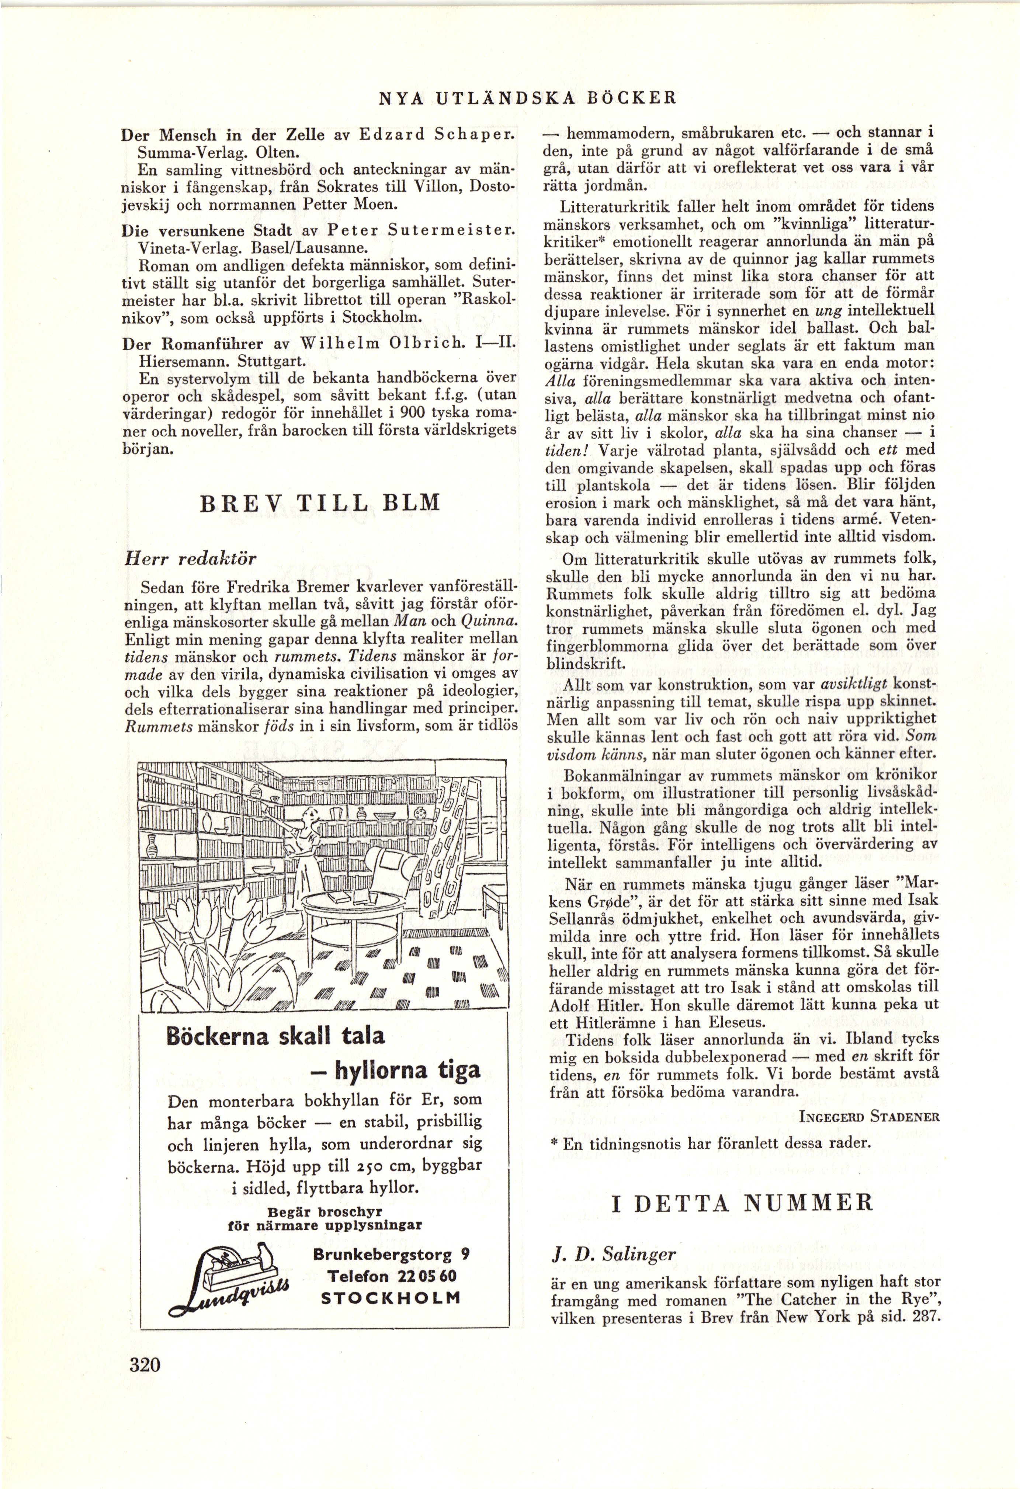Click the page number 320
coord(145,1382)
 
